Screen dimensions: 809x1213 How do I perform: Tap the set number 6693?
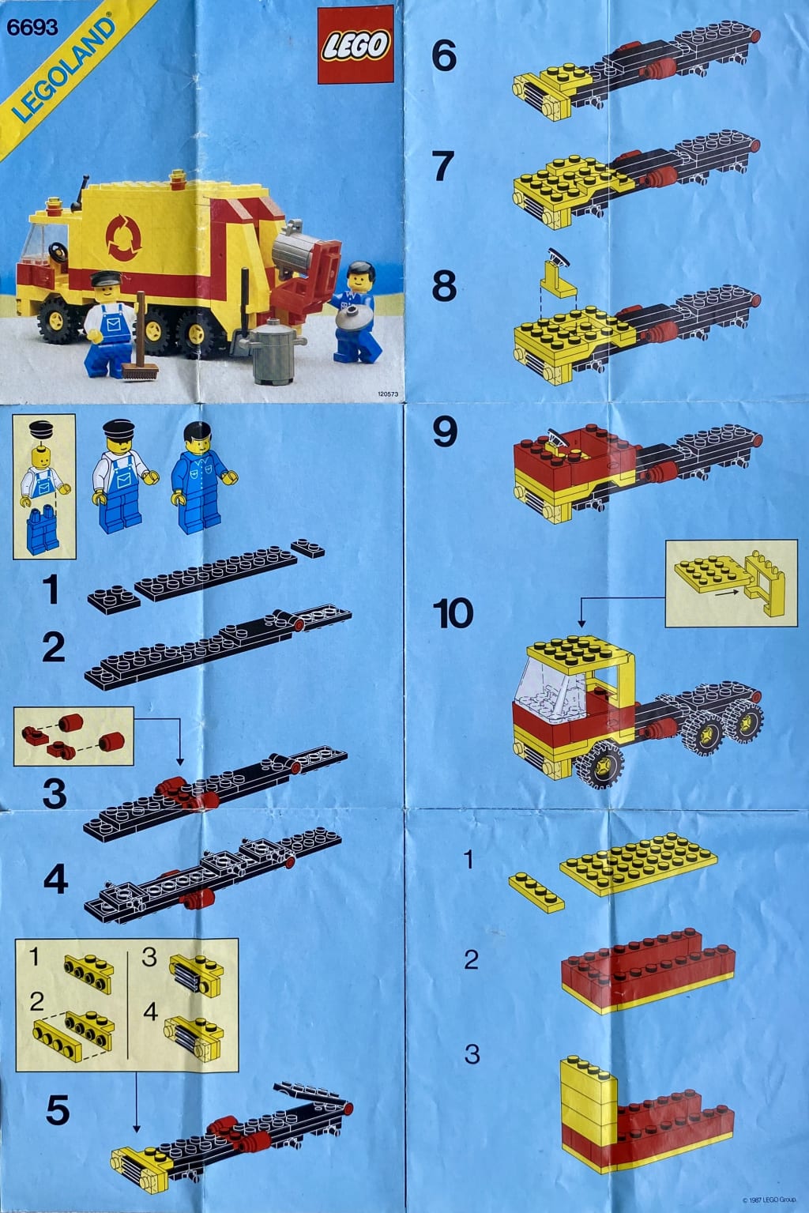click(x=32, y=28)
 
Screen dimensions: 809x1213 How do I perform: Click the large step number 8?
click(x=444, y=287)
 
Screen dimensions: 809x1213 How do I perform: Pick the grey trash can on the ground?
click(x=273, y=352)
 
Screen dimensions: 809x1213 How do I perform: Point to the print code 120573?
click(x=388, y=394)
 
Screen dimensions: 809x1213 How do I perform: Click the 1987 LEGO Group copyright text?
click(x=770, y=1200)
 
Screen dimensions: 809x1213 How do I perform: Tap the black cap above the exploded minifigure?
click(x=40, y=429)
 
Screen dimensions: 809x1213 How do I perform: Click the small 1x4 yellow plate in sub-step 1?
click(x=536, y=892)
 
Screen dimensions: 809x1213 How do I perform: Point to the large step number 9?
click(x=445, y=432)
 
